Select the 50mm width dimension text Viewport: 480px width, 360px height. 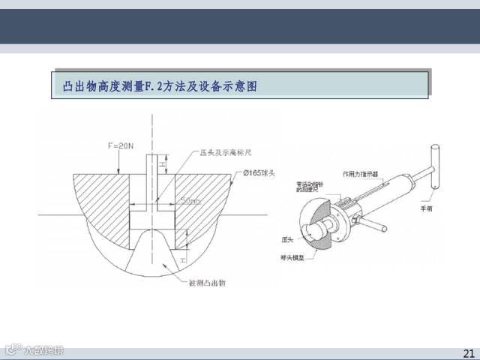click(x=191, y=200)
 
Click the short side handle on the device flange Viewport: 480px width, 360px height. click(x=375, y=225)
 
